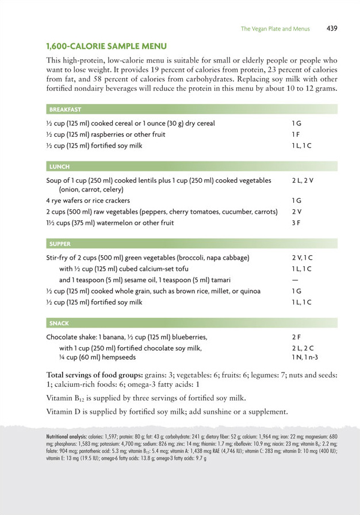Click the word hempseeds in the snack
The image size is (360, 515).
click(118, 357)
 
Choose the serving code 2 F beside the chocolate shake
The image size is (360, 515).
click(296, 337)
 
